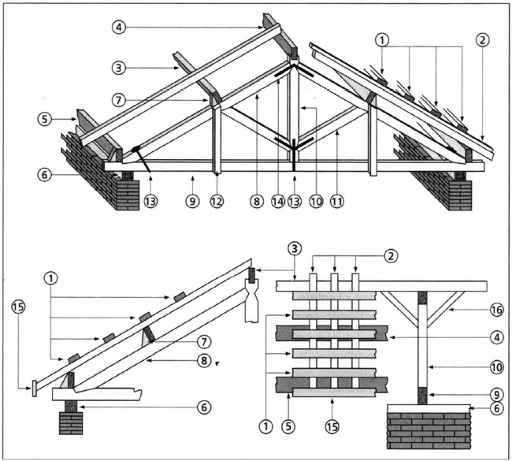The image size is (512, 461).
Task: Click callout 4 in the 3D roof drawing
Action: point(118,28)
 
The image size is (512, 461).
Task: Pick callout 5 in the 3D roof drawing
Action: point(45,119)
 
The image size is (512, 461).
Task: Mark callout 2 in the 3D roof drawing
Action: point(483,39)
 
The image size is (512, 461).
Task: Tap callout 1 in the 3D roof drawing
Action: point(382,39)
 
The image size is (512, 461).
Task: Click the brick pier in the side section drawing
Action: point(71,422)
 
